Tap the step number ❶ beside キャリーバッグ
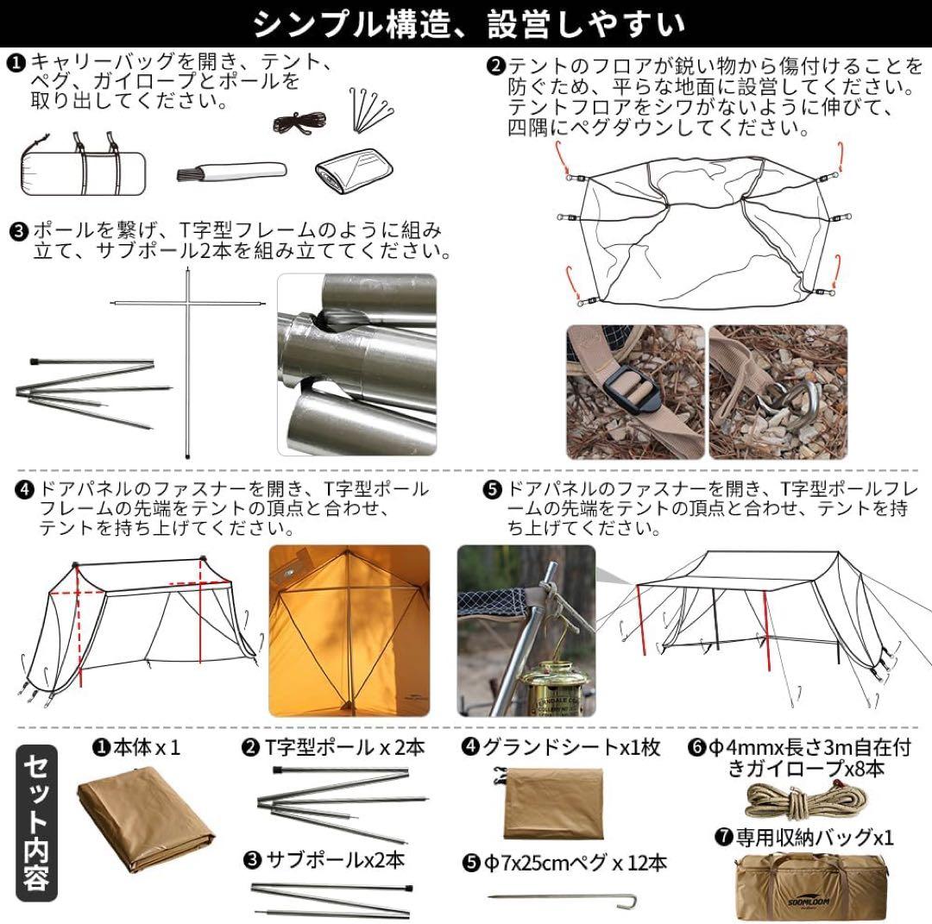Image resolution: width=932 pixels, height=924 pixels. coord(17,62)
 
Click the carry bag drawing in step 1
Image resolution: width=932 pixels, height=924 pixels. coord(82,167)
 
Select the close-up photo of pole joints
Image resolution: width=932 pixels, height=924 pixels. coord(356,364)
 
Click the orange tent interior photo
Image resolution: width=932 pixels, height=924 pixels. coord(349,629)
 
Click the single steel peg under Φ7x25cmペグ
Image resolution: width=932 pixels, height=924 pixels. coord(570,902)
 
